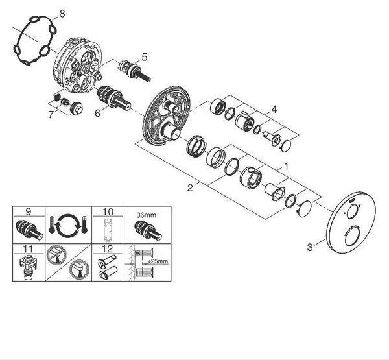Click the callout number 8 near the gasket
tap(62, 14)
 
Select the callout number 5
tap(145, 57)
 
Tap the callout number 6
tap(98, 114)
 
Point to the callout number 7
tap(51, 115)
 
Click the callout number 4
tap(274, 109)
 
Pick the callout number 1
tap(287, 166)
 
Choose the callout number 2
tap(190, 188)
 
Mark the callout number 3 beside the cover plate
tap(310, 247)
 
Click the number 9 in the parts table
tap(29, 211)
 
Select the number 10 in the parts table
tap(108, 211)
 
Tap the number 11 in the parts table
tap(29, 249)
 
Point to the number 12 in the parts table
tap(108, 249)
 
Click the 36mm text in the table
tap(147, 215)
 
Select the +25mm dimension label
tap(158, 261)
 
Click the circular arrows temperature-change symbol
tap(67, 226)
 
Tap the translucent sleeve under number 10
tap(108, 230)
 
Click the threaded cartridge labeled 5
tap(134, 71)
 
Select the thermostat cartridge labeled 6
tap(114, 98)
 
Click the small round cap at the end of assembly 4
tap(286, 145)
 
